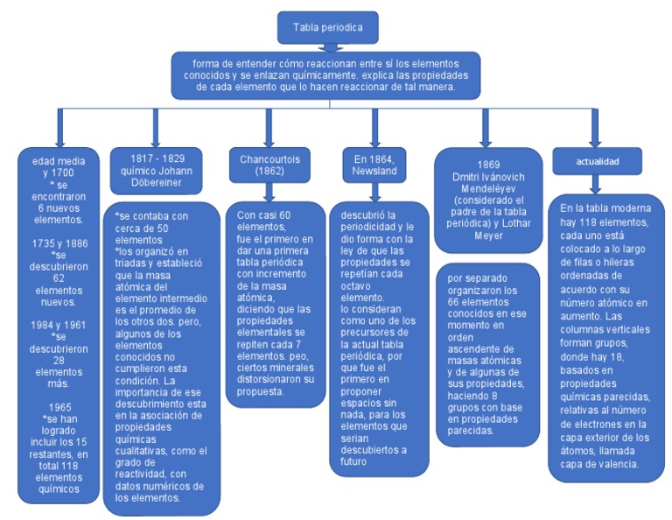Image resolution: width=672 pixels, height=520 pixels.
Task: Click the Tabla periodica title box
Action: [327, 27]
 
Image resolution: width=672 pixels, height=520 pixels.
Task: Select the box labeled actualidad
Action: [597, 160]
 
